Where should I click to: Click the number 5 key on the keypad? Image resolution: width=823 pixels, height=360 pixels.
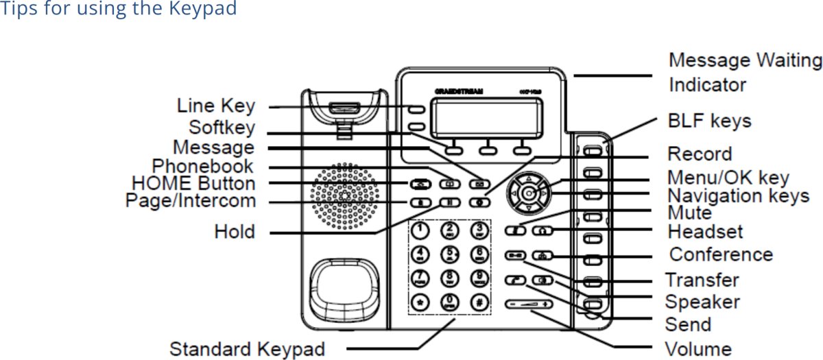(450, 255)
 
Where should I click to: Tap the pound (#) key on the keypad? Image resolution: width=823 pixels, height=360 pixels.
(479, 302)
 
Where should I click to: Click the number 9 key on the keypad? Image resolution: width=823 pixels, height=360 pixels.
(479, 278)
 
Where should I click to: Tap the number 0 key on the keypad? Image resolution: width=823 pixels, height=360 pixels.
(450, 302)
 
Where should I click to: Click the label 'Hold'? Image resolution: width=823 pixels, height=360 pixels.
(235, 231)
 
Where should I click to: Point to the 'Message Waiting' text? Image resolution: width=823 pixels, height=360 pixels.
(745, 60)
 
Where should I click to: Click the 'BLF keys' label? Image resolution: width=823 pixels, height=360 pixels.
(710, 121)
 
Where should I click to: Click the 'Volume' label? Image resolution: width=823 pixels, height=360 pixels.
(698, 348)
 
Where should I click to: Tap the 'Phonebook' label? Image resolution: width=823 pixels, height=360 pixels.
(202, 166)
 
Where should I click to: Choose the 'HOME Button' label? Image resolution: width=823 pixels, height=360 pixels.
(193, 184)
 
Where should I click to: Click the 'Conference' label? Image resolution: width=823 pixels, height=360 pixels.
(721, 254)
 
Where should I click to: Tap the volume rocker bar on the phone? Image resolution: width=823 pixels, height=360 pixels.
(527, 304)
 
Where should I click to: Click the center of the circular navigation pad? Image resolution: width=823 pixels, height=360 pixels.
(528, 194)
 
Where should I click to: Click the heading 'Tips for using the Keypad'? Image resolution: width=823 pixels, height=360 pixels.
(119, 10)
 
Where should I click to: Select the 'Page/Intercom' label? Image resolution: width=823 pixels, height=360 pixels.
(190, 201)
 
